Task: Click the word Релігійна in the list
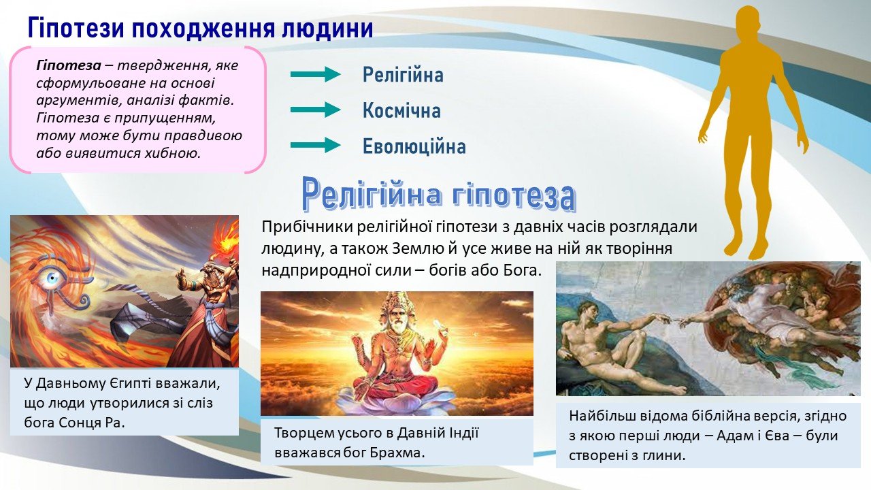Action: pos(403,75)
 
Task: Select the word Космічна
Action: pos(401,110)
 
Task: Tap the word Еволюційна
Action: pos(414,146)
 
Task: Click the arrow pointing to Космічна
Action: pos(315,110)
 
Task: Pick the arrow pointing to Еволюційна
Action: pos(315,146)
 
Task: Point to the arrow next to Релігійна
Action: pos(315,74)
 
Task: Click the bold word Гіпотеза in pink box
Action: pos(69,66)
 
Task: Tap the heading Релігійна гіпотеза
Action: pos(438,194)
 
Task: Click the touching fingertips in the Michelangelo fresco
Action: pos(674,321)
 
